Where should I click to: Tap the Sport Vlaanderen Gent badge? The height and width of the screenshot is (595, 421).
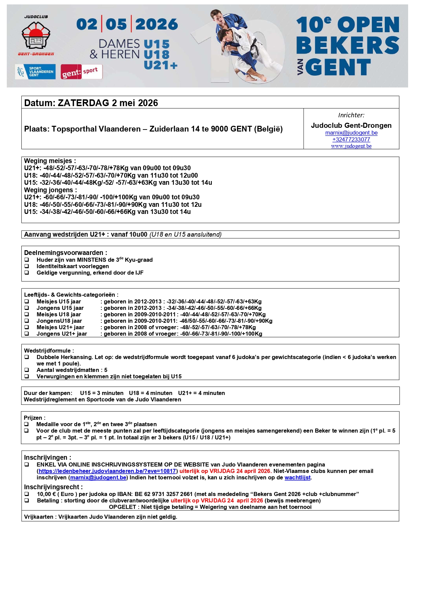click(x=35, y=72)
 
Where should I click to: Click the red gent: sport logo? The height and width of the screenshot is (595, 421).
click(x=81, y=72)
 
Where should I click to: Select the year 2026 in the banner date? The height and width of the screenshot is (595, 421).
click(x=156, y=24)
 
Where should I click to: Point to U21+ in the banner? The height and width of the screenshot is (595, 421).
click(x=160, y=65)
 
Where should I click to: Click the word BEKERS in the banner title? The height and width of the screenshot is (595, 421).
click(x=348, y=45)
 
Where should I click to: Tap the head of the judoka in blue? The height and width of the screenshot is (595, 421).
click(x=216, y=15)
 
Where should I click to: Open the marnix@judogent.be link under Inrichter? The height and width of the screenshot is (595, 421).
click(x=351, y=133)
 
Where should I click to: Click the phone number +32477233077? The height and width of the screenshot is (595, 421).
click(x=351, y=139)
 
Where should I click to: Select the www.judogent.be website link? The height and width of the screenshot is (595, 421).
click(x=351, y=146)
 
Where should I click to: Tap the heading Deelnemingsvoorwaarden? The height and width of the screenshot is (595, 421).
click(x=65, y=253)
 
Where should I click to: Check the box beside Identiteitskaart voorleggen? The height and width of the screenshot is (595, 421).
click(x=27, y=266)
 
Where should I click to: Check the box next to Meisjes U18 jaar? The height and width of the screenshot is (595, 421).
click(x=27, y=315)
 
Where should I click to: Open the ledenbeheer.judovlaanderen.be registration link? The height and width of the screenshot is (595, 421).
click(x=107, y=471)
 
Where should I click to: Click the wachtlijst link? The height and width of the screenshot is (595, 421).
click(x=298, y=478)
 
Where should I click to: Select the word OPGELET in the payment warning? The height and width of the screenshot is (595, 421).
click(x=122, y=507)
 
